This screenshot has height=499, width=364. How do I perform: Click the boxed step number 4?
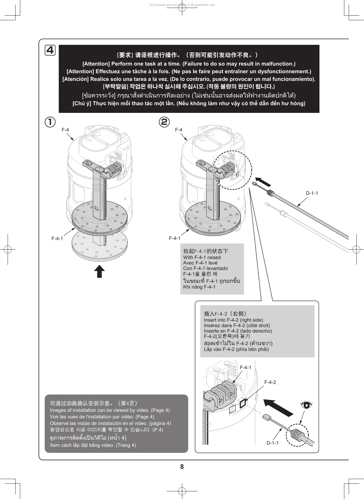(50, 51)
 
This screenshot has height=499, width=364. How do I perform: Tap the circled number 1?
(50, 122)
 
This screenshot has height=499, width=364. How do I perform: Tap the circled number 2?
(164, 122)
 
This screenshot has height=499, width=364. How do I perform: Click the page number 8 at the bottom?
(182, 467)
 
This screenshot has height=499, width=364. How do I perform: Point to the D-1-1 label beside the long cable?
(312, 193)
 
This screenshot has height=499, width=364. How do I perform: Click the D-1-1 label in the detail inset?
(272, 443)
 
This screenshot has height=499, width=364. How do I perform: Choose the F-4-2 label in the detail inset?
(270, 382)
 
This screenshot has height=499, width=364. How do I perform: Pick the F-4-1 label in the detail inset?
(245, 368)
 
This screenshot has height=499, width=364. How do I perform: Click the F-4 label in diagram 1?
(65, 130)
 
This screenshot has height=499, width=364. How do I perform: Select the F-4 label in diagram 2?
(179, 130)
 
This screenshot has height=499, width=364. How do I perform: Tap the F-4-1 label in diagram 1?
(57, 239)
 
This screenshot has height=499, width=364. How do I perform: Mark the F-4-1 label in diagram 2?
(175, 238)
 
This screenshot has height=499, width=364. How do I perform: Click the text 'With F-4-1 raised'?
(202, 257)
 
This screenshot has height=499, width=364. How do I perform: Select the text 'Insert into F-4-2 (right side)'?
(233, 320)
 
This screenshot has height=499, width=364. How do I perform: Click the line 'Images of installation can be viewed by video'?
(110, 410)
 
